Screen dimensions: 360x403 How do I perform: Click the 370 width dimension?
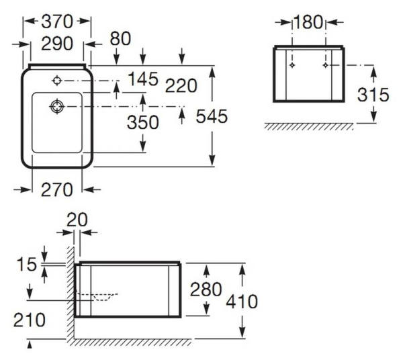[x=57, y=21]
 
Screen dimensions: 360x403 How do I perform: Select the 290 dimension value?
[x=57, y=44]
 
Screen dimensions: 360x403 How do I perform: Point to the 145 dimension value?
[x=143, y=79]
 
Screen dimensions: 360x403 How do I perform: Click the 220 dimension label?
[x=182, y=85]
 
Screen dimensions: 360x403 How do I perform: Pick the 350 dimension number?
[x=143, y=122]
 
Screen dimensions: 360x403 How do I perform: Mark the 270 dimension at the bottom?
[x=57, y=189]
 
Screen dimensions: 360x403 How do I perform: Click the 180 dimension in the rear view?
[x=309, y=22]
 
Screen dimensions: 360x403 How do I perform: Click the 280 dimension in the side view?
[x=205, y=289]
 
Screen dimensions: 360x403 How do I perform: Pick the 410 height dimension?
[x=242, y=302]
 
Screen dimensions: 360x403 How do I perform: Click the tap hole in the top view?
[x=57, y=81]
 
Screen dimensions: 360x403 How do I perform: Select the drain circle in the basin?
[x=57, y=105]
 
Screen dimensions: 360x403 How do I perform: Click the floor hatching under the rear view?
[x=309, y=126]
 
